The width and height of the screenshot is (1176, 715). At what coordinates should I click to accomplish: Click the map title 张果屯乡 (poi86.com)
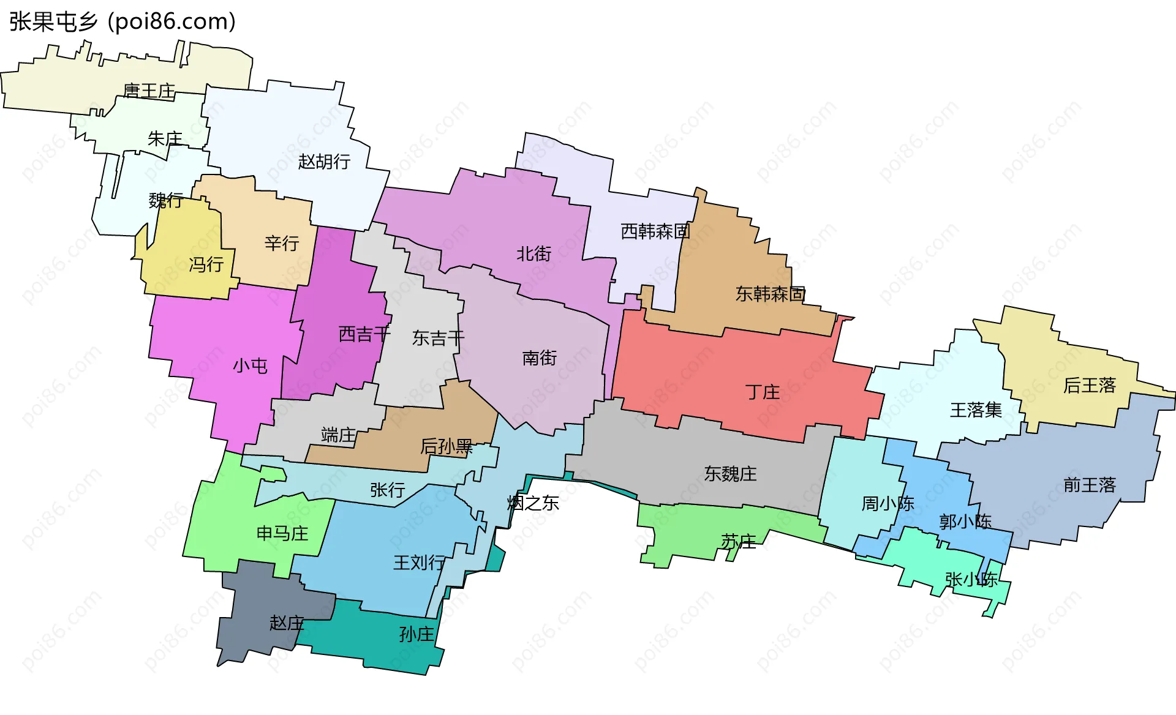[123, 21]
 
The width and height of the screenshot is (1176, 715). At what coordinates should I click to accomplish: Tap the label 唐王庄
[149, 91]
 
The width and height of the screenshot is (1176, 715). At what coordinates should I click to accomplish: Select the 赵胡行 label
[324, 162]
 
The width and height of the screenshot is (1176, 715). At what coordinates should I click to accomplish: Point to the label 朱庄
[165, 139]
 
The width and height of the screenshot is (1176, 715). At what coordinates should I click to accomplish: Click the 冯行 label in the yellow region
[206, 264]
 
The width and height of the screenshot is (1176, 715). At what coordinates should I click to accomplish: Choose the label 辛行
[282, 243]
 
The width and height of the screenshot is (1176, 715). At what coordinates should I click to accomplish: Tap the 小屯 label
[250, 366]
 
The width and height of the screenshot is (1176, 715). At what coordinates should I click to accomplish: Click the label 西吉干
[364, 334]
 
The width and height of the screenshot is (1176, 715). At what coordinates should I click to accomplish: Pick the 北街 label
[533, 253]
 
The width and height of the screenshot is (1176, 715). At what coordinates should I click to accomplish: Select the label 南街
[539, 357]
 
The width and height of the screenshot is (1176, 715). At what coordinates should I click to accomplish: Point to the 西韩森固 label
[655, 231]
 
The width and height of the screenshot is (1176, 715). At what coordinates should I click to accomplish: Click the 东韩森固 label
[771, 294]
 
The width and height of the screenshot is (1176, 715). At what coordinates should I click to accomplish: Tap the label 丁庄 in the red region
[763, 392]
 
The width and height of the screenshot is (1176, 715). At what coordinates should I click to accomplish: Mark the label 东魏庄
[730, 474]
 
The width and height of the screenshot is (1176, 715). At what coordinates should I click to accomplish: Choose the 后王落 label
[1090, 385]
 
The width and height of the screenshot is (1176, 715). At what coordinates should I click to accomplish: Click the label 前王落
[1090, 485]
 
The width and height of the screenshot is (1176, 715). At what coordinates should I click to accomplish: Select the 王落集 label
[976, 410]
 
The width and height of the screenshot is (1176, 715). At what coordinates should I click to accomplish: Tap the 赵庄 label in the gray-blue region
[287, 623]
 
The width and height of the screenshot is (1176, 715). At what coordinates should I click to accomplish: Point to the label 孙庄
[417, 634]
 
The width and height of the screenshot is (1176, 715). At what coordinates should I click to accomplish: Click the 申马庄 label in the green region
[282, 533]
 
